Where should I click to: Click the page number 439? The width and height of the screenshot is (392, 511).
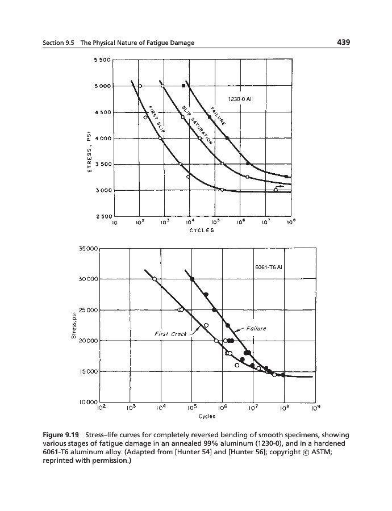point(341,43)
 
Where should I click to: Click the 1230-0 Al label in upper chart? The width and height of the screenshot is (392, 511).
point(239,98)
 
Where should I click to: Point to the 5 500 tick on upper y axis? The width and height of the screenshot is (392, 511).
point(101,60)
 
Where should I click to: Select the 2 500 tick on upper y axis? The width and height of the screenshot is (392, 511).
point(101,216)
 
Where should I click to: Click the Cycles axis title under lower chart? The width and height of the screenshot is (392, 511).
point(206,416)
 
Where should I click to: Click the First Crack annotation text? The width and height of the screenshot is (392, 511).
point(170,334)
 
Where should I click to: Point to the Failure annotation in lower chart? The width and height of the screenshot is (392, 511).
point(254,328)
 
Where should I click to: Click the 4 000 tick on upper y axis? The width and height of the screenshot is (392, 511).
point(101,139)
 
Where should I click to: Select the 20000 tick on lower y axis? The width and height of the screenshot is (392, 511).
point(87,341)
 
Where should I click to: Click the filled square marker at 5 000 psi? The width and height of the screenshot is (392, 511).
point(183,85)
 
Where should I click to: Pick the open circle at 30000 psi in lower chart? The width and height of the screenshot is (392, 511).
point(155,279)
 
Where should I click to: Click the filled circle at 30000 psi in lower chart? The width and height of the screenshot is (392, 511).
point(193,279)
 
